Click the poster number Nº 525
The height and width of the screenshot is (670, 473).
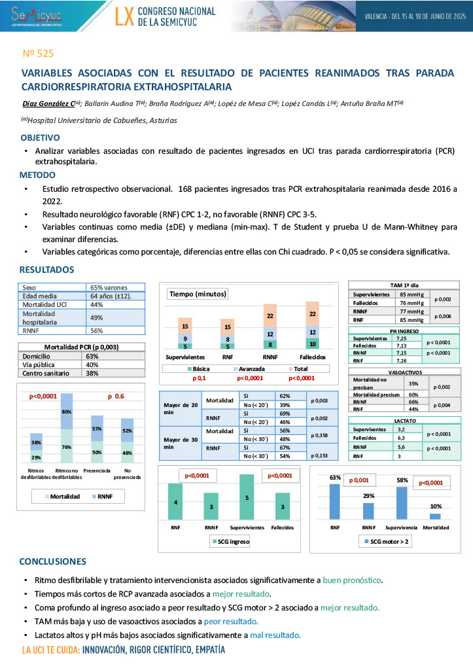(38, 54)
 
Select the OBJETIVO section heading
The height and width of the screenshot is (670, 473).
(40, 138)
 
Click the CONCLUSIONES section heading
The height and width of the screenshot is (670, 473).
(52, 561)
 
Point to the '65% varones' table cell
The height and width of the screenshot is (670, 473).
(109, 287)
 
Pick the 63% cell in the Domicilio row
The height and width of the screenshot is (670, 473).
(92, 356)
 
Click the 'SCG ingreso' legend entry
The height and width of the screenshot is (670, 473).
(232, 541)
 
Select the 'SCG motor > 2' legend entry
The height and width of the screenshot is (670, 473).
(388, 541)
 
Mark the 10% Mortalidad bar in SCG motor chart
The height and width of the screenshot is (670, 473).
(435, 516)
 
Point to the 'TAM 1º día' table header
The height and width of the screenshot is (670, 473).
(404, 285)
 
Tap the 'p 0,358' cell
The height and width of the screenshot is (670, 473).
(319, 434)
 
